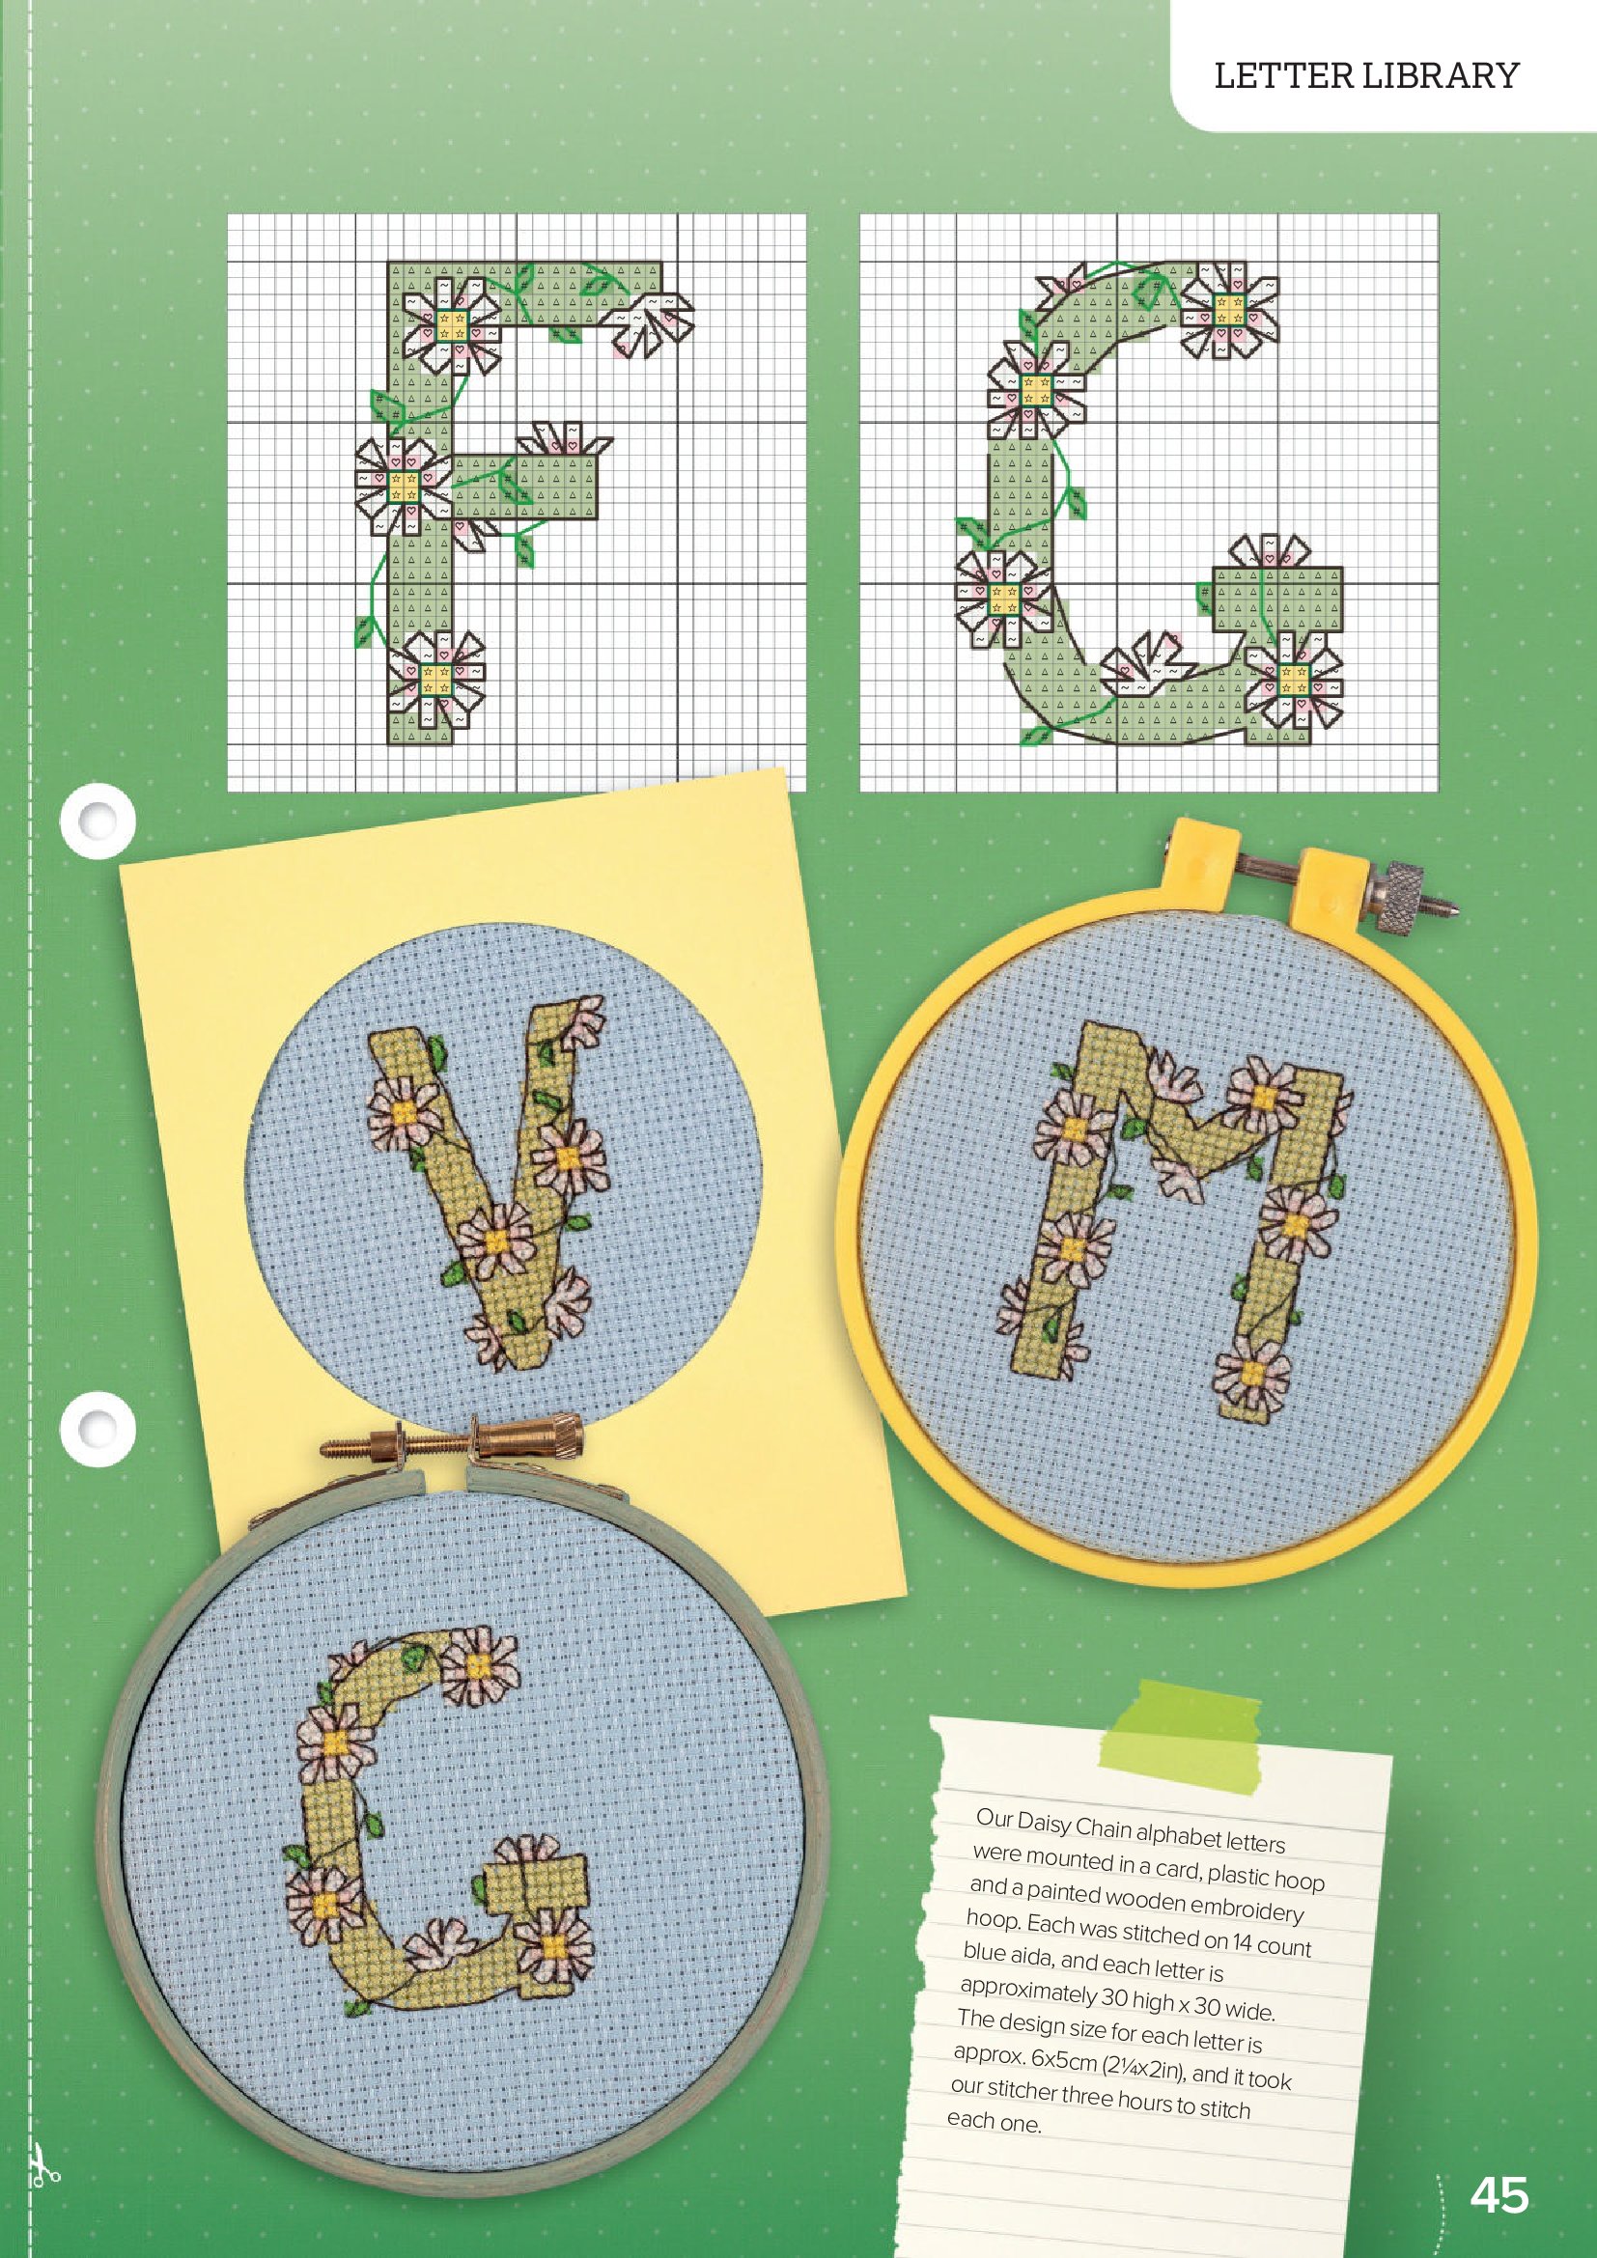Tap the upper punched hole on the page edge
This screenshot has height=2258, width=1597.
click(x=97, y=820)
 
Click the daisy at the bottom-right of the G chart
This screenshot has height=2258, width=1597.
click(x=1292, y=679)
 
